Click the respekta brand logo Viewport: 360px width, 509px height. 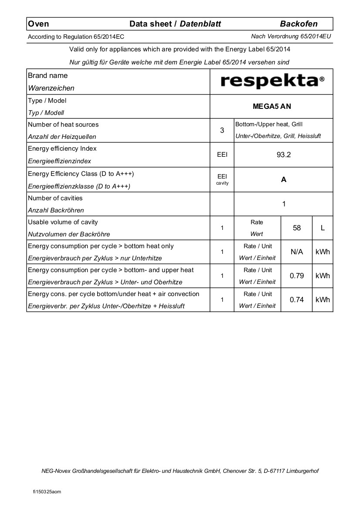pyautogui.click(x=272, y=81)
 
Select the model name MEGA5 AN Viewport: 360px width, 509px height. pyautogui.click(x=272, y=106)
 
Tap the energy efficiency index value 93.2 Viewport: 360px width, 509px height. pyautogui.click(x=284, y=155)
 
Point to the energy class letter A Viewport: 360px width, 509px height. pyautogui.click(x=284, y=179)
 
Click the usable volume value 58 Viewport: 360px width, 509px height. pyautogui.click(x=297, y=228)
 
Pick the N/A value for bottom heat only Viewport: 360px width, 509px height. pyautogui.click(x=297, y=252)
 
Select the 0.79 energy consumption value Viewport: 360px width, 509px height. pyautogui.click(x=297, y=276)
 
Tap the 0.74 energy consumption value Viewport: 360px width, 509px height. pyautogui.click(x=297, y=300)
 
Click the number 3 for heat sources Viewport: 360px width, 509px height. pyautogui.click(x=222, y=130)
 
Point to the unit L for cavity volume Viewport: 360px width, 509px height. pyautogui.click(x=323, y=228)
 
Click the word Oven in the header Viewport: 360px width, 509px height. pyautogui.click(x=38, y=24)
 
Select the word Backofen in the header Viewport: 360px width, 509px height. pyautogui.click(x=299, y=24)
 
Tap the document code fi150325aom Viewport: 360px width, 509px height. pyautogui.click(x=47, y=492)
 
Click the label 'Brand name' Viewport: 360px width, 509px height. pyautogui.click(x=48, y=75)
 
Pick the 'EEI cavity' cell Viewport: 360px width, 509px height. pyautogui.click(x=222, y=179)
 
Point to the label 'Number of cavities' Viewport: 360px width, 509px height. pyautogui.click(x=55, y=198)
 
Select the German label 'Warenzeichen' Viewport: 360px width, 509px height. pyautogui.click(x=51, y=88)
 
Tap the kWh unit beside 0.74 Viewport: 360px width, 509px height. pyautogui.click(x=323, y=300)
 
